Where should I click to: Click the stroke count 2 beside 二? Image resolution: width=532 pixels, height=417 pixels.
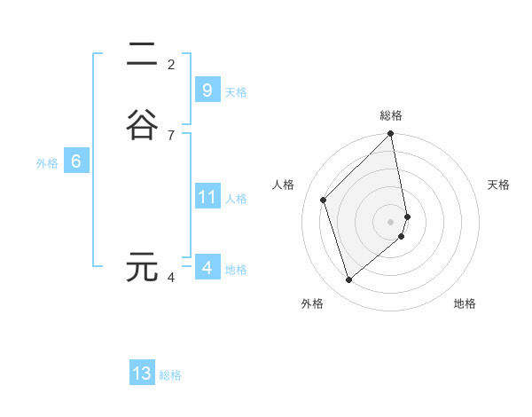tap(171, 64)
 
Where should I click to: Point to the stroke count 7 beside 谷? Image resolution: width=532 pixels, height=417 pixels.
tap(171, 135)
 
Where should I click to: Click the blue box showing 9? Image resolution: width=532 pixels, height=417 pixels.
tap(207, 90)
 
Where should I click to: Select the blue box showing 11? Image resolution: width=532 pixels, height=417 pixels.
tap(207, 197)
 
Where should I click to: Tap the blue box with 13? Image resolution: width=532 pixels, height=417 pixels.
tap(142, 374)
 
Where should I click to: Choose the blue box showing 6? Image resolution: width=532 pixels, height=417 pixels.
tap(76, 161)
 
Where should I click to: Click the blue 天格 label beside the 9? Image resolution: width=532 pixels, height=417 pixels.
tap(236, 91)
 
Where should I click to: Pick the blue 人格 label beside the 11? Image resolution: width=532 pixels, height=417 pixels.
tap(236, 199)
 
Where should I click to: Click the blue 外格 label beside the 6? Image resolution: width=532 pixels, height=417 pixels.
tap(47, 163)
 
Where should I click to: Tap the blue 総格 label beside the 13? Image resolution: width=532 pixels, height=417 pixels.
tap(170, 375)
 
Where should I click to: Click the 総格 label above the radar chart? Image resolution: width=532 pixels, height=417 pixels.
tap(391, 115)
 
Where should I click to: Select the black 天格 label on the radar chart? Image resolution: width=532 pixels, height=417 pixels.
tap(498, 185)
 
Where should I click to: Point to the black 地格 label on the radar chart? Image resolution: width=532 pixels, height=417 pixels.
tap(465, 303)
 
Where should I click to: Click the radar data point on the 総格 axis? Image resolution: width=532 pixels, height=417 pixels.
tap(391, 135)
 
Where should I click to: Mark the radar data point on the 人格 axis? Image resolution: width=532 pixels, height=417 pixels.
tap(324, 200)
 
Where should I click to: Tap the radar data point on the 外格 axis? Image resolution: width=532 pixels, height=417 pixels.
tap(349, 280)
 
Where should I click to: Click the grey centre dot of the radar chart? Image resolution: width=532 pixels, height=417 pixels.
tap(391, 221)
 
